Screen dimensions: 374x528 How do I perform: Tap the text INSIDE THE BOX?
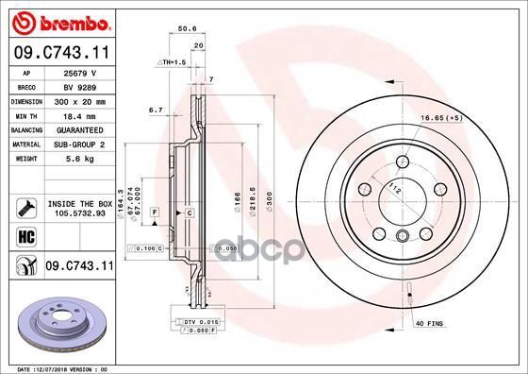79,203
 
